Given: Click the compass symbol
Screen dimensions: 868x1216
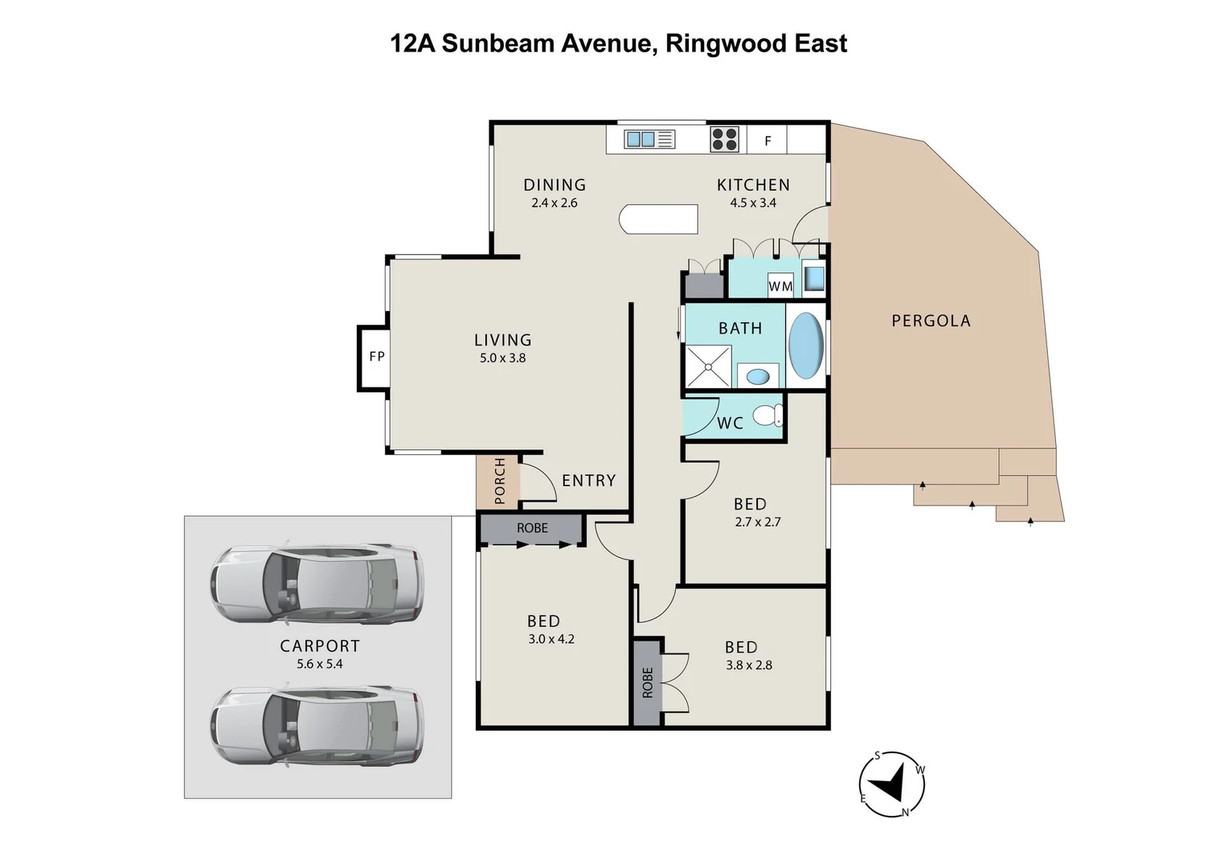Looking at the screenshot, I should click(891, 784).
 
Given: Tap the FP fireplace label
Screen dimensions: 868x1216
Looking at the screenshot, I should click(377, 356).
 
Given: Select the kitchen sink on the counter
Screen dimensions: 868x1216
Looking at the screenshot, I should click(649, 140).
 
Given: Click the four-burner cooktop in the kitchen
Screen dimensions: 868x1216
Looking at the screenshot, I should click(724, 140).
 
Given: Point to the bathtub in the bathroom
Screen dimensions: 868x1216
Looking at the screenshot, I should click(805, 346).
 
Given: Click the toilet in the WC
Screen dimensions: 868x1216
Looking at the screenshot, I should click(767, 416).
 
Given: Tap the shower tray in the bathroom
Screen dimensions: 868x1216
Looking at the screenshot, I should click(707, 366).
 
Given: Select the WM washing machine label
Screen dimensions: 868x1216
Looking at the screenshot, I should click(780, 286).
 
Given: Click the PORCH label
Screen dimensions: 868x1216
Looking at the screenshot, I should click(500, 481).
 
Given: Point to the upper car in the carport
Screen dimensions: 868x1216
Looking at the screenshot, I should click(317, 584).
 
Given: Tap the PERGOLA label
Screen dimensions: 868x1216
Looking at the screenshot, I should click(931, 321).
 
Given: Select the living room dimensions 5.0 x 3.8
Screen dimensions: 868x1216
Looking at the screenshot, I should click(502, 358).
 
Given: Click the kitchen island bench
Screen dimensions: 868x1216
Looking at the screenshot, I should click(658, 219).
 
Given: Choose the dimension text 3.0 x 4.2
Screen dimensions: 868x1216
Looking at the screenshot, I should click(551, 640).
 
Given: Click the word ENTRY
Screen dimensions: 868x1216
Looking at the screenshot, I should click(588, 481).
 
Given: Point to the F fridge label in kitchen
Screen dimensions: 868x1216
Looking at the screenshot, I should click(768, 141).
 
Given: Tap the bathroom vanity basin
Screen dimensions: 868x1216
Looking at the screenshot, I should click(757, 375).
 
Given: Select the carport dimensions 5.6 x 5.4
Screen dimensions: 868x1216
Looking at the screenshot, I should click(319, 664).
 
